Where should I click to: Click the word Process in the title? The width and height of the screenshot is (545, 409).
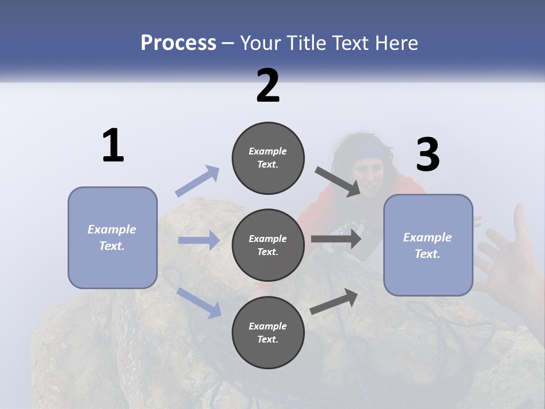(178, 43)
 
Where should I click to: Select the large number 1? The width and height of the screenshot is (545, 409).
(113, 145)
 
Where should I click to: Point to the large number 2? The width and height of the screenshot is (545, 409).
(268, 86)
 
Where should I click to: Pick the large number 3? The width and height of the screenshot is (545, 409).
(427, 155)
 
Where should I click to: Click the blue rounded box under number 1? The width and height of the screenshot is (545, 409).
(112, 237)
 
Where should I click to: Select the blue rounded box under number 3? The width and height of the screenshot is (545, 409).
(428, 245)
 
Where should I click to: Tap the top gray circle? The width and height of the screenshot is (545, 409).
(268, 158)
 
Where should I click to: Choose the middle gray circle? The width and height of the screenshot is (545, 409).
(268, 245)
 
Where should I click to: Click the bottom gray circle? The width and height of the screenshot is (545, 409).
(268, 332)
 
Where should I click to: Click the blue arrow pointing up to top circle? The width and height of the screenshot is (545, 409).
(198, 181)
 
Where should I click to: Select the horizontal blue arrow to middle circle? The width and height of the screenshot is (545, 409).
(199, 240)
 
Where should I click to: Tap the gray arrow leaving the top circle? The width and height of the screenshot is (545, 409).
(337, 181)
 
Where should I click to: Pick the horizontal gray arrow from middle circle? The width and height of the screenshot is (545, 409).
(336, 239)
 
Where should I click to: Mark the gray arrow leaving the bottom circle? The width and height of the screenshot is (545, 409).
(334, 301)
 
